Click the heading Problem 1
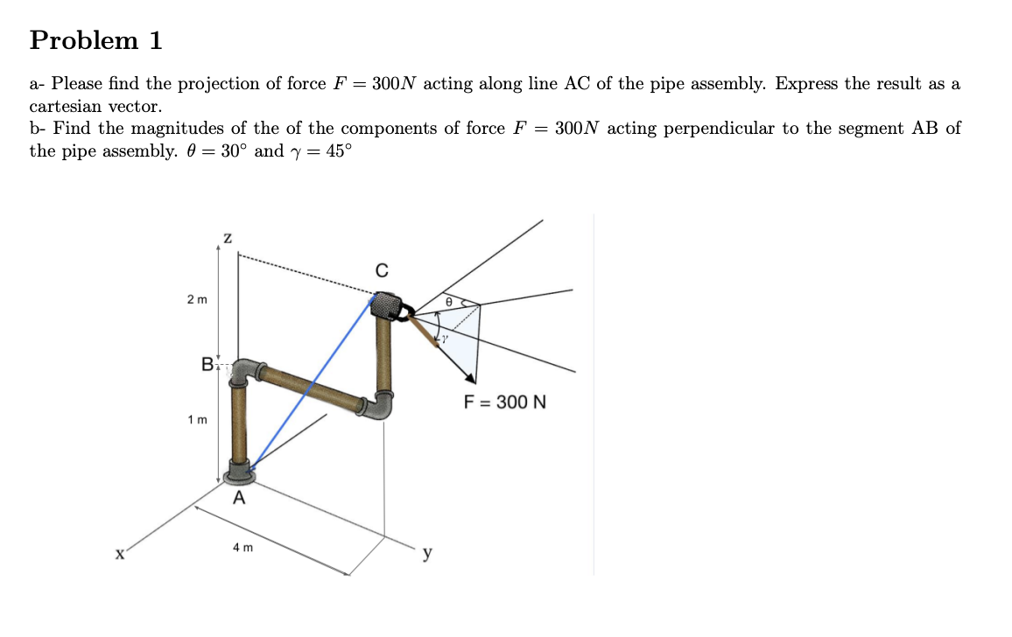tap(96, 40)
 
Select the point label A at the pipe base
tap(238, 499)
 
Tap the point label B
tap(207, 364)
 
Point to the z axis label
tap(228, 237)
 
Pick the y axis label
tap(427, 553)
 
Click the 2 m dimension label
tap(197, 300)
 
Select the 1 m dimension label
tap(197, 420)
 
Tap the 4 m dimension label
tap(242, 548)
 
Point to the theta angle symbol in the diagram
tap(448, 300)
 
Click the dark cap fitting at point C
tap(387, 306)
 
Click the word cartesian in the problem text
tap(64, 107)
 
